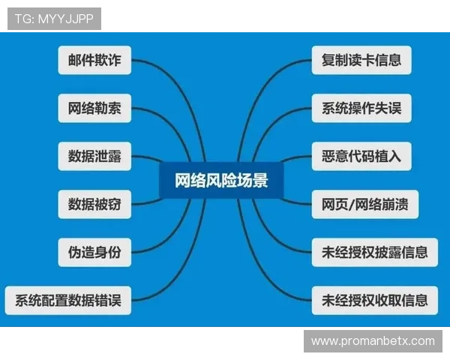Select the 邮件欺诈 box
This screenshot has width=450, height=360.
(94, 60)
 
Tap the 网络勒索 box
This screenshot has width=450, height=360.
(94, 108)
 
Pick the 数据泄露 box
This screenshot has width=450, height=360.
(94, 156)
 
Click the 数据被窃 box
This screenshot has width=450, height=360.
(94, 204)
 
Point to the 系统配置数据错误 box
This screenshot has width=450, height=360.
(67, 300)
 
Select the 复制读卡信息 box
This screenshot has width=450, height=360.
(361, 60)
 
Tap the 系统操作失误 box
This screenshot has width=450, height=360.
(361, 108)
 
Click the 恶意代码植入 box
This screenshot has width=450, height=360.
(361, 156)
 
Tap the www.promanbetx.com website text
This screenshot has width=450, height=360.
(373, 341)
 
